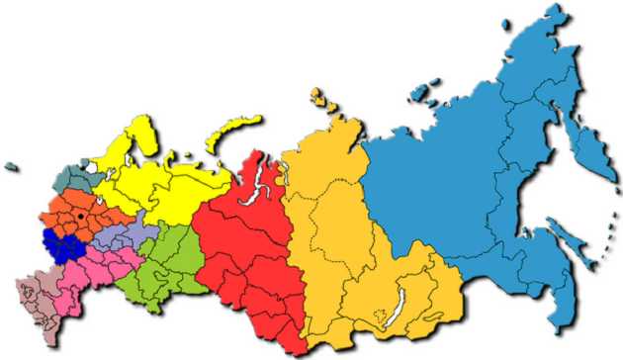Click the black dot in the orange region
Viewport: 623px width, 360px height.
click(x=79, y=216)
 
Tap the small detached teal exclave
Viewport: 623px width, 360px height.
click(x=13, y=167)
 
